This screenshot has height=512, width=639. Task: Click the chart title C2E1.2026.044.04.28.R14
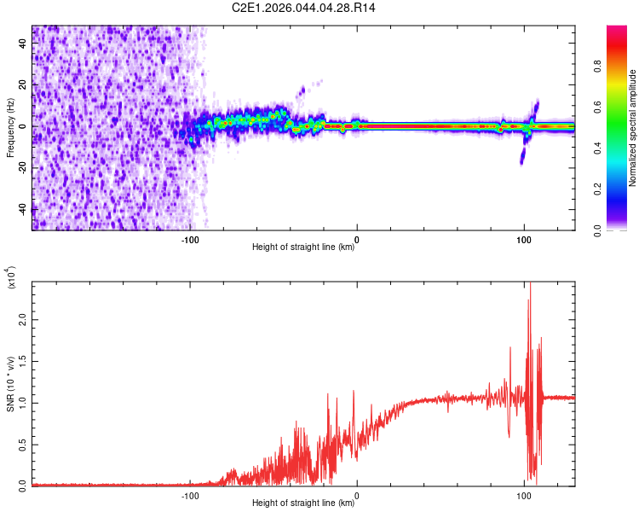coord(303,8)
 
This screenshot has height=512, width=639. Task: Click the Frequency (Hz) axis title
coord(11,127)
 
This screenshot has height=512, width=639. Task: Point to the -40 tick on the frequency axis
coord(22,210)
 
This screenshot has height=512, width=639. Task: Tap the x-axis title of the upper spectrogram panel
coord(303,247)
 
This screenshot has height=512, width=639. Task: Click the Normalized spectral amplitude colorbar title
coord(633,128)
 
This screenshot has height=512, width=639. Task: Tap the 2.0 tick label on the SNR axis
coord(22,318)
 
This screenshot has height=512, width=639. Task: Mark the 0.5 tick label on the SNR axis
coord(22,445)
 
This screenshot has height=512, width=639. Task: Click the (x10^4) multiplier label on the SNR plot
coord(11,278)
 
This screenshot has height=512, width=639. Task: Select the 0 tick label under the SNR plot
coord(357,495)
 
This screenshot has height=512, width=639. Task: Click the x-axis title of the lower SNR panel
coord(303,503)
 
